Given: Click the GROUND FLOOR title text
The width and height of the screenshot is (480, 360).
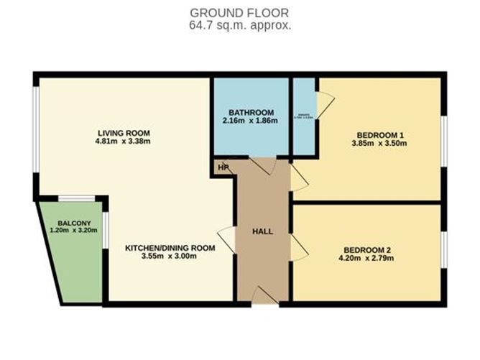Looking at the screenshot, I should pos(240,13).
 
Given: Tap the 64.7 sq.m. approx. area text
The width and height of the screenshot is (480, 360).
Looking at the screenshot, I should pos(240,25).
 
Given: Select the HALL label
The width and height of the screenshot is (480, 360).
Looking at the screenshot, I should pos(262,231).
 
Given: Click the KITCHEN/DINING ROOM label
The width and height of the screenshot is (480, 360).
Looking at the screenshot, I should pos(171,248).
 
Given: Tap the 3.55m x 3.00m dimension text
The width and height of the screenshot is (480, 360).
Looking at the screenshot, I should pos(171,257).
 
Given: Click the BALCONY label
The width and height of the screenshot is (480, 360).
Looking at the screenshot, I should pos(70,223).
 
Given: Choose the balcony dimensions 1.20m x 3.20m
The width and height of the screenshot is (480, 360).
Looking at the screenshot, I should pos(70,231).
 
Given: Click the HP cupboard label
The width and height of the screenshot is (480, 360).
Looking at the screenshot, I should pos(223,169).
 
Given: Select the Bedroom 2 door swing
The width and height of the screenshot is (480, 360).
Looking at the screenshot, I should pos(300,249).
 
